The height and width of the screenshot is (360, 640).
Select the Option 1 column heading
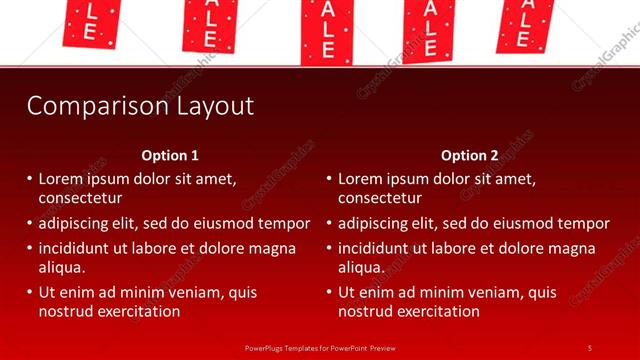[170, 155]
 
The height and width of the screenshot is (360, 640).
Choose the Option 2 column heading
[469, 155]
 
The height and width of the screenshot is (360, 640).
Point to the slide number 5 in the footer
[589, 347]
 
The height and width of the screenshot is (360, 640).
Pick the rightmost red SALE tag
[524, 22]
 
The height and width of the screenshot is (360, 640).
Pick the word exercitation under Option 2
[440, 311]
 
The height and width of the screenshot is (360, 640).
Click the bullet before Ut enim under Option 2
[329, 293]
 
